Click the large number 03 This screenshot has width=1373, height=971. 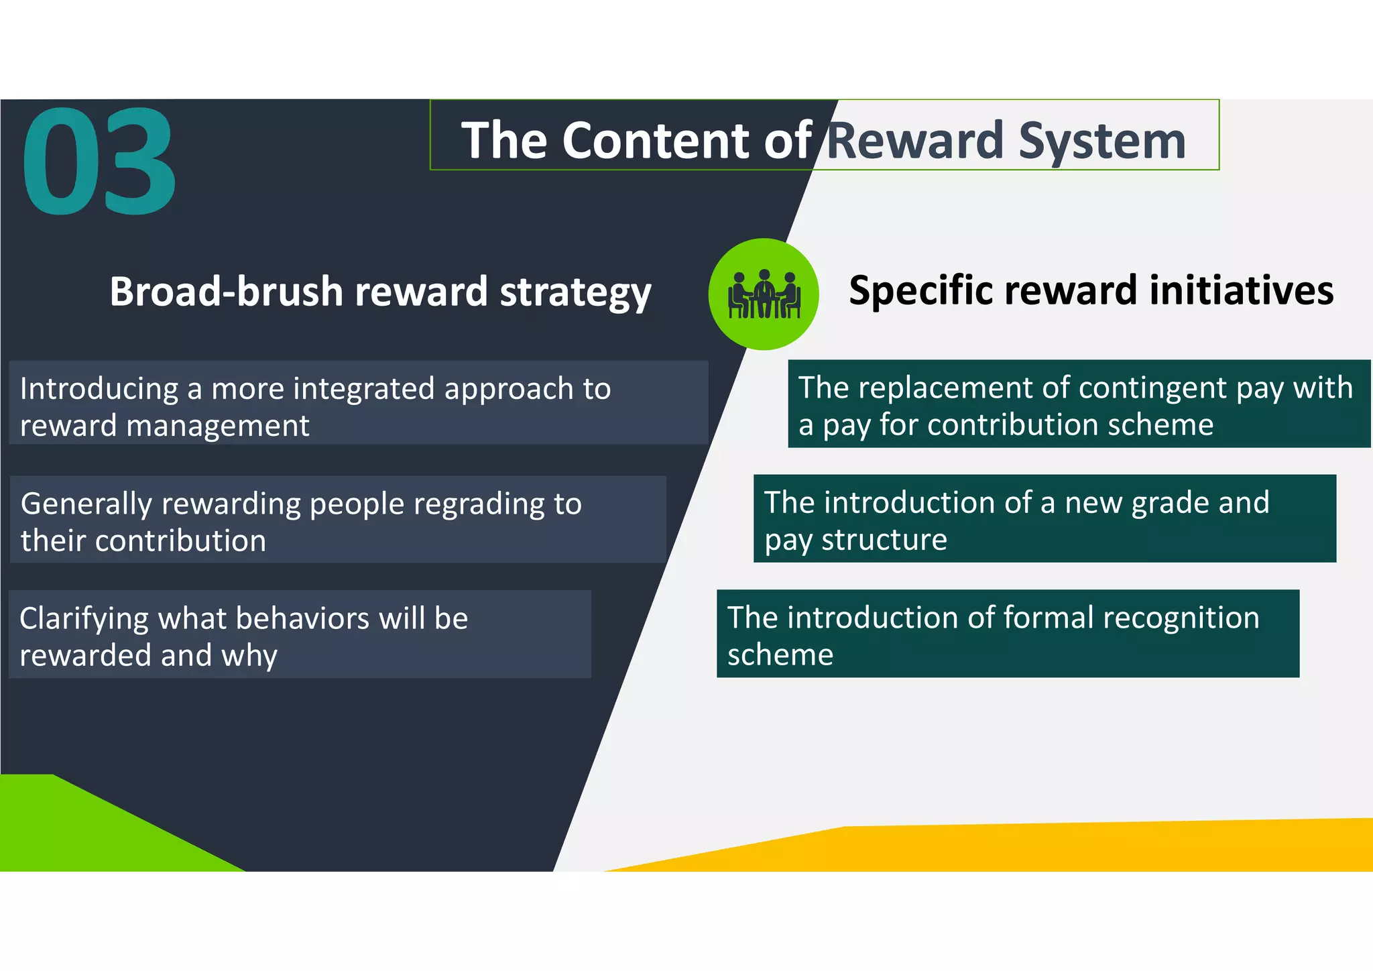pyautogui.click(x=99, y=162)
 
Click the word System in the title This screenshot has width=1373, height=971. pyautogui.click(x=1102, y=141)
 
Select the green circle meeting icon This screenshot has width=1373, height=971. pyautogui.click(x=764, y=294)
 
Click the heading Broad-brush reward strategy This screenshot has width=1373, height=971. pyautogui.click(x=380, y=292)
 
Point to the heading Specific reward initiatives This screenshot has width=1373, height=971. pyautogui.click(x=1091, y=290)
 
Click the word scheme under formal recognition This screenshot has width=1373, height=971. pyautogui.click(x=780, y=654)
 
